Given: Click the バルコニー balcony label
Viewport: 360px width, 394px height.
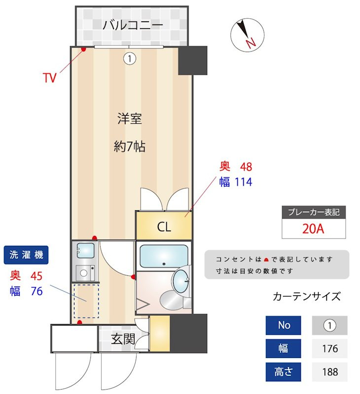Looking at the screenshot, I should (x=133, y=25).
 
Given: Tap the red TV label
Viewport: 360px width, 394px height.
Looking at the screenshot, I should (x=49, y=78).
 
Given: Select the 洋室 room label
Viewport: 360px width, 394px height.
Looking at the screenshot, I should (x=130, y=119).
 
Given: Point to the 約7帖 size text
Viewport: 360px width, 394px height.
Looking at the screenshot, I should (x=130, y=146).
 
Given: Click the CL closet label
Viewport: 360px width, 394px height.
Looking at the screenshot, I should (x=164, y=227).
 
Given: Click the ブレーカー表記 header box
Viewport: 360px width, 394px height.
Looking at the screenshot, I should (x=313, y=212).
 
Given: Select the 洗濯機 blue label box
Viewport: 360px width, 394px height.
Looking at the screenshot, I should (x=27, y=255).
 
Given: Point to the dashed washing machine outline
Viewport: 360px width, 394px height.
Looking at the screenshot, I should (x=86, y=300).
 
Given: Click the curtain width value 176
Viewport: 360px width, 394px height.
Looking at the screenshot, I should (x=329, y=349).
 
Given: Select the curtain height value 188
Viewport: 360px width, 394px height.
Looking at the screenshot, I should (x=329, y=372).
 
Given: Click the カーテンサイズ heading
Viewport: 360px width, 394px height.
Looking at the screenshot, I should (x=306, y=296).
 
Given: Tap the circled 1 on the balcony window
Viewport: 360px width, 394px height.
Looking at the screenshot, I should (x=129, y=59).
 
